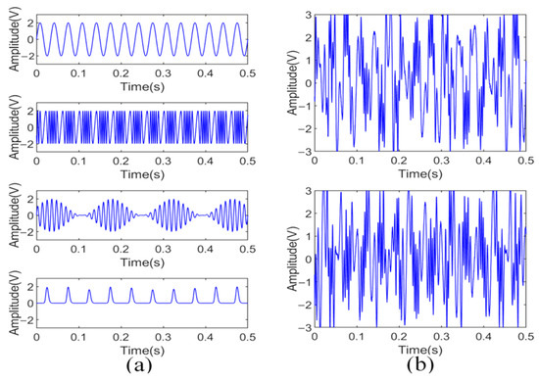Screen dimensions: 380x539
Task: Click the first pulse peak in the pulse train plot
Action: [x=46, y=289]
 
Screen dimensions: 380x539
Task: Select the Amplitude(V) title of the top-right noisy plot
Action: [x=288, y=83]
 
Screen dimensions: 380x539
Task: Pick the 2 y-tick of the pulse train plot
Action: [x=27, y=289]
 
